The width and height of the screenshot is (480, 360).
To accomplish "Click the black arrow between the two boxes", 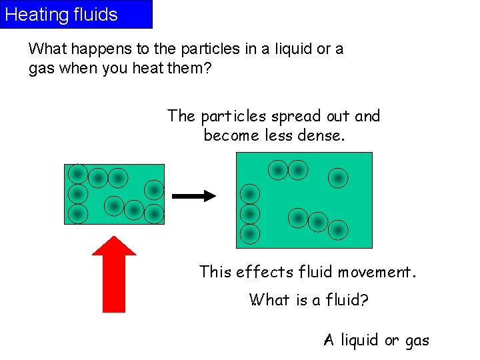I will [193, 196].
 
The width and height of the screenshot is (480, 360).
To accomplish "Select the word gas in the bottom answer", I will [417, 341].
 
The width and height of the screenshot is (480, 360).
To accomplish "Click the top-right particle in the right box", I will [338, 178].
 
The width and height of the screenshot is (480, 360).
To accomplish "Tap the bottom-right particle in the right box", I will [338, 230].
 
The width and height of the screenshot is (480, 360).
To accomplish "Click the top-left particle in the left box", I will [77, 174].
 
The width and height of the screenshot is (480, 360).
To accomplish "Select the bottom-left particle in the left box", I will [77, 214].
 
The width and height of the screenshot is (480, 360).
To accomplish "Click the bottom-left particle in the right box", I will [250, 234].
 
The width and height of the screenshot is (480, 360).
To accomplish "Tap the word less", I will [277, 135].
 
